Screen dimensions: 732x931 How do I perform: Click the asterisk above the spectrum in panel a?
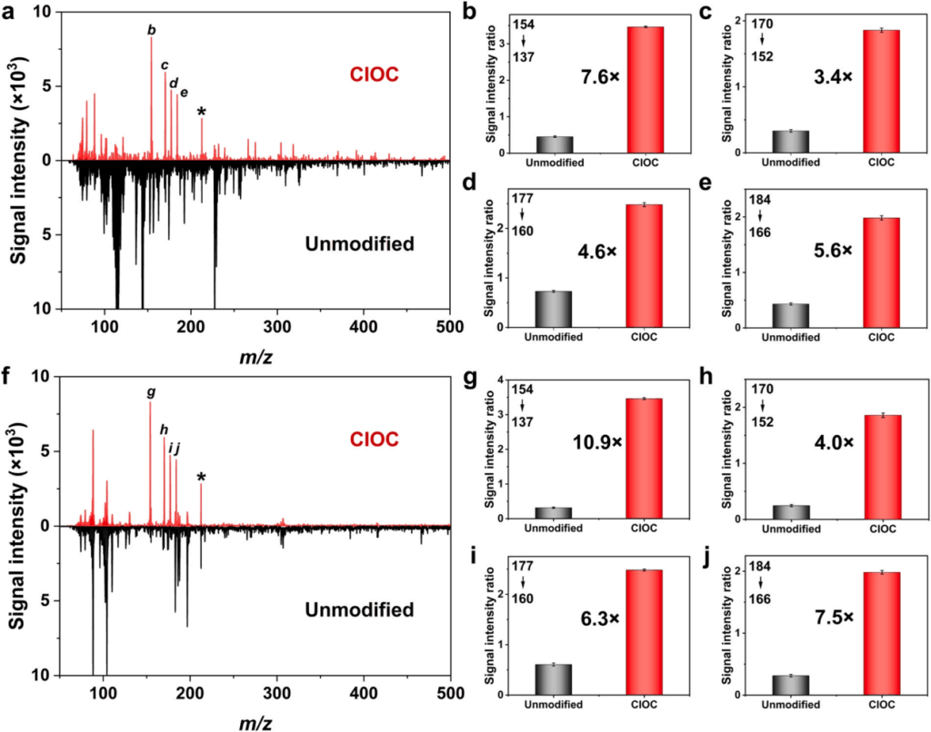(x=202, y=112)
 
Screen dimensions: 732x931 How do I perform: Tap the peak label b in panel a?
(x=152, y=30)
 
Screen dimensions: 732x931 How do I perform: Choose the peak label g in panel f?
(x=151, y=393)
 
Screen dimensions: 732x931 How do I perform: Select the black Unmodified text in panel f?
(x=360, y=608)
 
